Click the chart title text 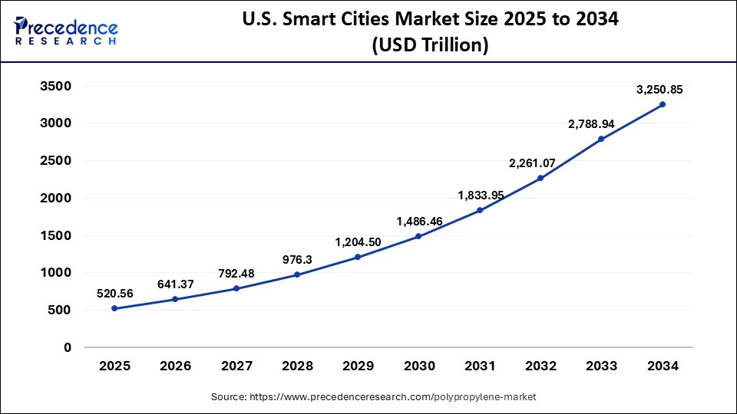click(x=429, y=32)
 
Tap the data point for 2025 click(x=114, y=308)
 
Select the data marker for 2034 click(x=663, y=104)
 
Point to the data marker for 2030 click(x=418, y=236)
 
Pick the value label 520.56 click(x=115, y=293)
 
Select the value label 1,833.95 click(x=481, y=195)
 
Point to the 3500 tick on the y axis click(x=55, y=86)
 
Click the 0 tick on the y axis click(x=67, y=347)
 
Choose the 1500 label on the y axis click(x=55, y=235)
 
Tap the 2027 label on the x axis click(x=236, y=366)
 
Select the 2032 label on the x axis click(x=540, y=366)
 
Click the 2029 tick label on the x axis click(x=358, y=366)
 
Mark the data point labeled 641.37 click(x=175, y=299)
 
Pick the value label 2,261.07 click(x=540, y=163)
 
